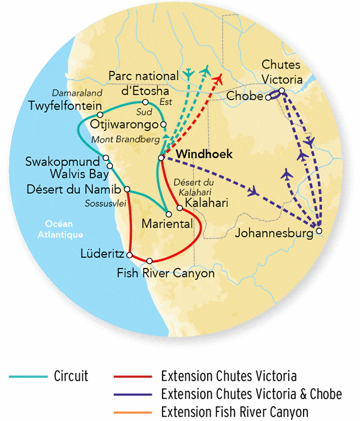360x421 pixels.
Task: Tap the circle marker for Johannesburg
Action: (x=319, y=231)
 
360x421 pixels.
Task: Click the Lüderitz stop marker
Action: (x=130, y=255)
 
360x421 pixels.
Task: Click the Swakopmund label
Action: (x=63, y=162)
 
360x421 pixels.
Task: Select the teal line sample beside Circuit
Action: (x=28, y=377)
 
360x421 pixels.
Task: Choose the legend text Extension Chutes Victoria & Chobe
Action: (x=251, y=395)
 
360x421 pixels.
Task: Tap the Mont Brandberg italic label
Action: (x=125, y=139)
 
